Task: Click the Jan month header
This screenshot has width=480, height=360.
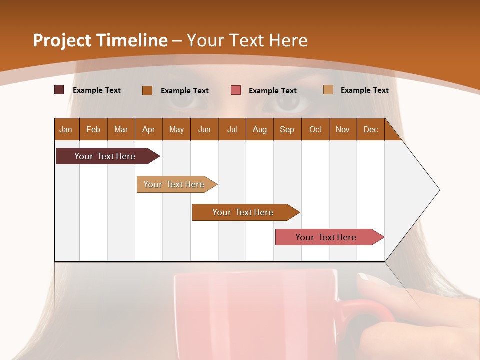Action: pyautogui.click(x=66, y=130)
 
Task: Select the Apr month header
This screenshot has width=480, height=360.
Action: pyautogui.click(x=148, y=130)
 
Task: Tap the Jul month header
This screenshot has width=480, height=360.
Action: pyautogui.click(x=232, y=130)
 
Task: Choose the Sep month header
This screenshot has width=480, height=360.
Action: pyautogui.click(x=287, y=130)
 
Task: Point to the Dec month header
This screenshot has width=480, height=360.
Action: pyautogui.click(x=370, y=130)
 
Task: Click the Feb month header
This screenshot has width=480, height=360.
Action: pyautogui.click(x=93, y=130)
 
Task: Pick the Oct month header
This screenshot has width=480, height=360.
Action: pyautogui.click(x=315, y=130)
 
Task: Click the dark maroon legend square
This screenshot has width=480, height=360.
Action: pyautogui.click(x=59, y=90)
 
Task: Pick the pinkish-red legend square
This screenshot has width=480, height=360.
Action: pyautogui.click(x=236, y=90)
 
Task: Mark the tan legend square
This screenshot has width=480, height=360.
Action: pyautogui.click(x=328, y=90)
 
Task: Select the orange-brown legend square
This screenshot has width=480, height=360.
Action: pyautogui.click(x=147, y=90)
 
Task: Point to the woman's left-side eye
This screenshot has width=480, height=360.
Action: pyautogui.click(x=187, y=100)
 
